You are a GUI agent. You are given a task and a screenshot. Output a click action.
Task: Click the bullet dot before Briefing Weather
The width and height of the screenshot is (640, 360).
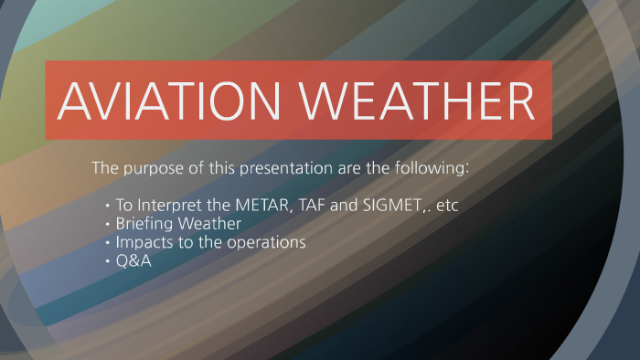pos(108,225)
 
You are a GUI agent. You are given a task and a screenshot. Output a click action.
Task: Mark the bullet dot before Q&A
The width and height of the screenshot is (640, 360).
pos(108,262)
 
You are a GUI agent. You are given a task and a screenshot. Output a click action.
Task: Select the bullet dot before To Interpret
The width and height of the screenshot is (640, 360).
pos(108,206)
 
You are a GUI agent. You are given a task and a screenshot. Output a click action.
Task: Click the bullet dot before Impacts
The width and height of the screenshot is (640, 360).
pos(108,243)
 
